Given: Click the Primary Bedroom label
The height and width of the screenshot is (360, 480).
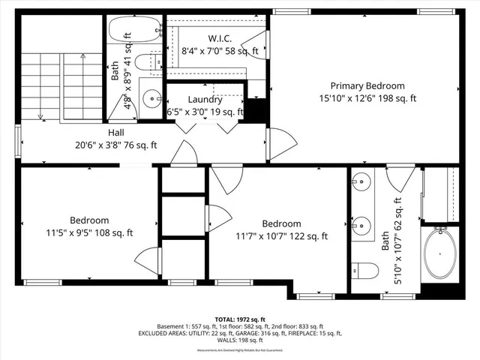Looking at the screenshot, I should pos(367,85).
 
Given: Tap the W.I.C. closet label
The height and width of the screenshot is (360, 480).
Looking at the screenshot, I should pos(220,38).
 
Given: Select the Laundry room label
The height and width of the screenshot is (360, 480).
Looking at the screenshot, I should pos(205,99).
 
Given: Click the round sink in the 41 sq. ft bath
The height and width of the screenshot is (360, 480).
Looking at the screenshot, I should pos(152,97).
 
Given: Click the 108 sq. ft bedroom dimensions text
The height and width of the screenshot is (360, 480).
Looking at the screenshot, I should pos(89,233).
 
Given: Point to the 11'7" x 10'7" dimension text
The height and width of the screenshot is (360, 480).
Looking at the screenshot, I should pos(281,236).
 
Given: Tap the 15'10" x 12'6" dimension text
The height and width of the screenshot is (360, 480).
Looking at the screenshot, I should pos(367,98).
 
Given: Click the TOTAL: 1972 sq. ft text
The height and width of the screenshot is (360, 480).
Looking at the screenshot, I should pos(240,319).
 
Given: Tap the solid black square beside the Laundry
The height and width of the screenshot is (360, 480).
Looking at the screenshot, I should pos(257,111).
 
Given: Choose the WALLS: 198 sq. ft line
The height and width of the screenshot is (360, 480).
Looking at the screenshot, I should pos(240,340).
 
